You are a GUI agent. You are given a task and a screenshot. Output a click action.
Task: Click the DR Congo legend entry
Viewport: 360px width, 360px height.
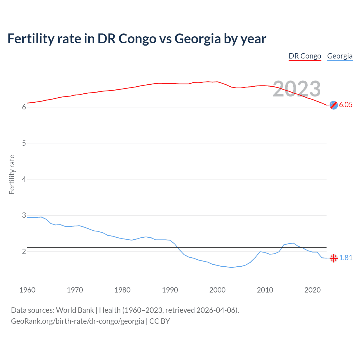(x=305, y=56)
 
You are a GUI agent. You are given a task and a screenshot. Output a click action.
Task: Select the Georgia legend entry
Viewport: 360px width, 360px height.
(x=340, y=56)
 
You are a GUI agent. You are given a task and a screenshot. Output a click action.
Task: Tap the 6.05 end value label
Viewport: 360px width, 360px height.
(x=346, y=105)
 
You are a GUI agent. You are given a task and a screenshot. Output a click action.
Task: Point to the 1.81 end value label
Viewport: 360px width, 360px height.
(x=346, y=258)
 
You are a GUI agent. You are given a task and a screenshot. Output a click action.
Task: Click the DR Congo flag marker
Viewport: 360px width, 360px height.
(x=334, y=105)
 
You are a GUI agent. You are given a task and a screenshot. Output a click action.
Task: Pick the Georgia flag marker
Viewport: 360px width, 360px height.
(x=334, y=258)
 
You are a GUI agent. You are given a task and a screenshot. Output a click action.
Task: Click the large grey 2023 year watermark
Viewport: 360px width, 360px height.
(x=297, y=89)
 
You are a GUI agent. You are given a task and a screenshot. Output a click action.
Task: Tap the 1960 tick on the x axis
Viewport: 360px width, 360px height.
(x=27, y=290)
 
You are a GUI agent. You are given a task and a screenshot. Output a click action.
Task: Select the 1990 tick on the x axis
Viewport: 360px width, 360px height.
(x=170, y=290)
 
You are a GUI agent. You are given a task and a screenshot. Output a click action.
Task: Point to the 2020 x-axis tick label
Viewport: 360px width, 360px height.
(x=312, y=290)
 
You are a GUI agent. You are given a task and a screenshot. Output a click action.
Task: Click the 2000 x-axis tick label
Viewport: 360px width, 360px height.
(x=217, y=290)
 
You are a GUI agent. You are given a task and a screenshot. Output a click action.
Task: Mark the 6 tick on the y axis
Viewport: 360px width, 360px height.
(x=24, y=107)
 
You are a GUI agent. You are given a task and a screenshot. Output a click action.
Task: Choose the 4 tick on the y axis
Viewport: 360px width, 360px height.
(x=24, y=179)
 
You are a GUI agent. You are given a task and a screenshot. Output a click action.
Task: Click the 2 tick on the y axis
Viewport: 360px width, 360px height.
(x=24, y=251)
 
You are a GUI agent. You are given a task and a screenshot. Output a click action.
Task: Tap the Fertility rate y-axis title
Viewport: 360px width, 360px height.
(x=12, y=174)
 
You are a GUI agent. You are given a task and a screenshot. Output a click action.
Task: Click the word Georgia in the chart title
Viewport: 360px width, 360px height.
(x=197, y=39)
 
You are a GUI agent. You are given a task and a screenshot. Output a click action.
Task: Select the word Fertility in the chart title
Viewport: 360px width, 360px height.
(x=30, y=39)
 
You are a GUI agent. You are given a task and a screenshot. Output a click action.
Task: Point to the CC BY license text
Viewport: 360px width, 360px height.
(x=159, y=321)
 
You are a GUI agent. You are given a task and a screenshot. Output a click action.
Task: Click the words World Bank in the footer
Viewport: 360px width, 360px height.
(x=75, y=310)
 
